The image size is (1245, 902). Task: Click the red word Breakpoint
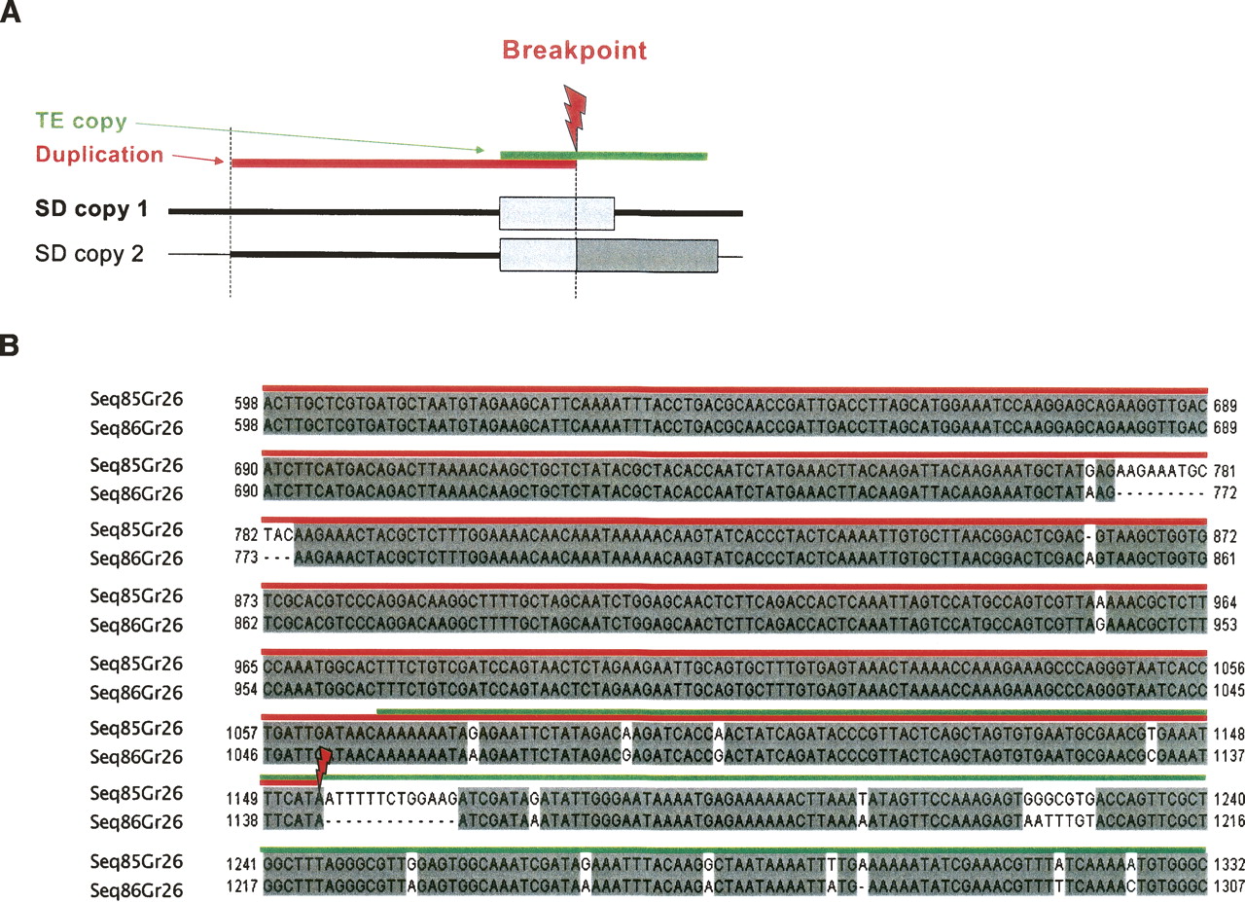tap(574, 50)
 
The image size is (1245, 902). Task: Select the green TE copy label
tap(81, 122)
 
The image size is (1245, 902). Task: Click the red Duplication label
tap(99, 154)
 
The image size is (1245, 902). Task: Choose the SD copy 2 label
tap(89, 254)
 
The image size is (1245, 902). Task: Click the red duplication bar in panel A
tap(404, 162)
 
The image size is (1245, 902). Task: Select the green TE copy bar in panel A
tap(603, 155)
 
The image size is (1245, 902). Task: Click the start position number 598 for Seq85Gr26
tap(247, 403)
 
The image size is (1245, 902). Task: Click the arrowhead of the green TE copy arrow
tap(480, 149)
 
